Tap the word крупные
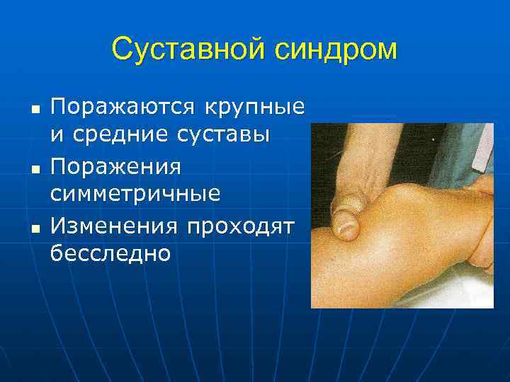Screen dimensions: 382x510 tap(254, 108)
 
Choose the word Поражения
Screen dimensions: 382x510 tap(115, 168)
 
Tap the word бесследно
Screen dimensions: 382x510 tap(110, 252)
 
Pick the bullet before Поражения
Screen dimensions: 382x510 tap(34, 170)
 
